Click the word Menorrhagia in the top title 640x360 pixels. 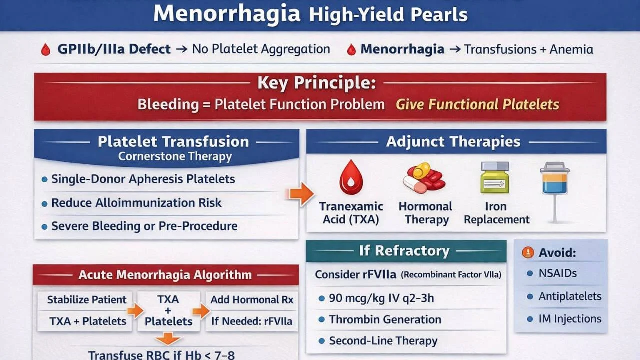pos(227,14)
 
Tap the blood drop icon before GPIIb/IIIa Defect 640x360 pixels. pos(46,50)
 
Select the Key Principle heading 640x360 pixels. pos(316,83)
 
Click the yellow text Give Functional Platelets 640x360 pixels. pos(477,104)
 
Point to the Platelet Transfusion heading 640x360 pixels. pos(173,141)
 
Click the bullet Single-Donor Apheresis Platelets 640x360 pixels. pos(143,179)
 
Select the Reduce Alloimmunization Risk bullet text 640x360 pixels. pos(136,203)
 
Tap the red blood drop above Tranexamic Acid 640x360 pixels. pos(351,177)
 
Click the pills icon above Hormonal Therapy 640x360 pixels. pos(424,178)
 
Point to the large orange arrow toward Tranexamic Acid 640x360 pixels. pos(301,194)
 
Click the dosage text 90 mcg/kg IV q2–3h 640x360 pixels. pos(381,299)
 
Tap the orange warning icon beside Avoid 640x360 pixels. pos(528,253)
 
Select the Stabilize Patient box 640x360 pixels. pos(86,300)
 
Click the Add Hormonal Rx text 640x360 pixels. pos(252,300)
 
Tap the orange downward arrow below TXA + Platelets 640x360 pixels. pos(168,340)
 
